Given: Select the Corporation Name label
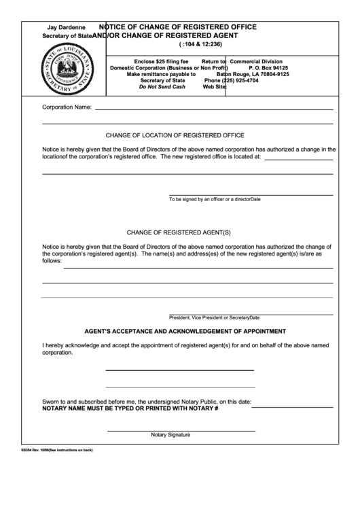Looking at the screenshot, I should pyautogui.click(x=67, y=107).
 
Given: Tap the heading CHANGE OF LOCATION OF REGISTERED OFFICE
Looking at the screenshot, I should pyautogui.click(x=175, y=135).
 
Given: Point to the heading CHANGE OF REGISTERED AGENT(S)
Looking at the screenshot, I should pyautogui.click(x=179, y=232).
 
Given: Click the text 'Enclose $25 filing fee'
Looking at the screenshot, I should pyautogui.click(x=161, y=61).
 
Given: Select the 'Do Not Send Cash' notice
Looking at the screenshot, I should pyautogui.click(x=162, y=86).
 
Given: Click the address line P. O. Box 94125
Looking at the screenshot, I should pyautogui.click(x=268, y=68).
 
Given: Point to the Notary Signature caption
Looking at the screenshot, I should pyautogui.click(x=170, y=435).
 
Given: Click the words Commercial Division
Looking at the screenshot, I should pyautogui.click(x=255, y=61).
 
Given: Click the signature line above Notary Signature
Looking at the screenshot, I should pyautogui.click(x=181, y=430).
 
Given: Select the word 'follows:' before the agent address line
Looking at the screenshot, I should pyautogui.click(x=52, y=260).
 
